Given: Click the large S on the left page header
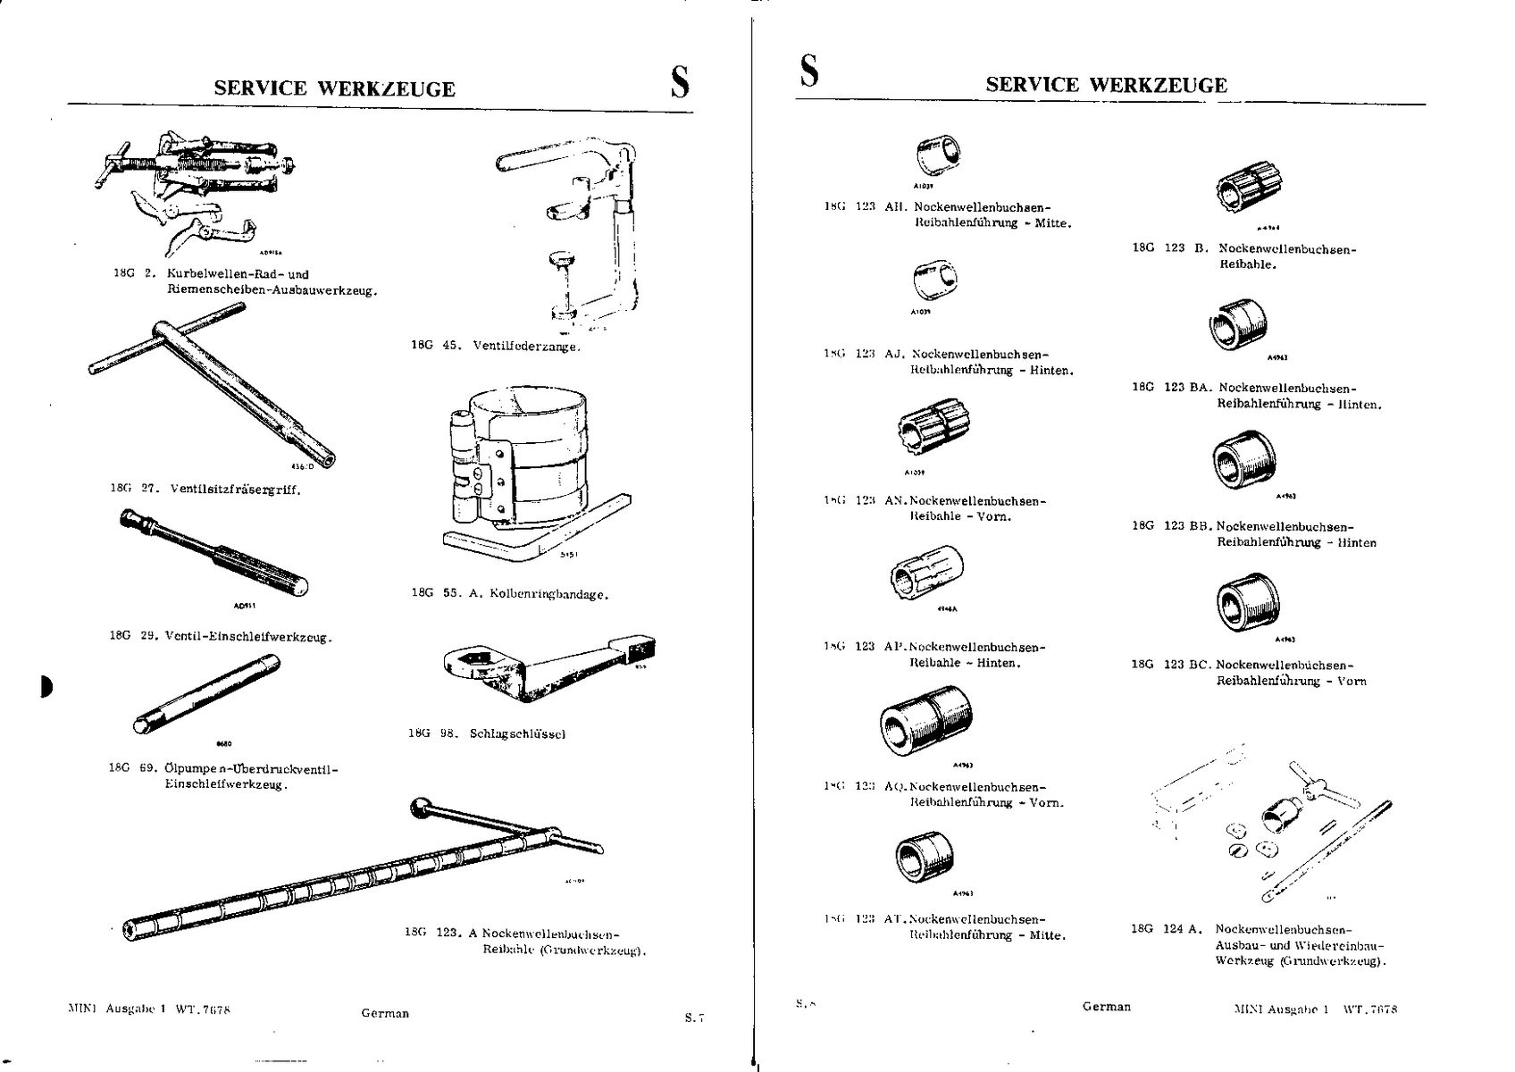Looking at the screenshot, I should point(680,82).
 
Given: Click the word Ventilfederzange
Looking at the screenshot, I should point(526,346).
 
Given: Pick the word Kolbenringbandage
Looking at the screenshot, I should point(549,593).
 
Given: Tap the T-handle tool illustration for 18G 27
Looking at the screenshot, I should point(212,380).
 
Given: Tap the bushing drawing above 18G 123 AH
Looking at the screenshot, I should point(937,156).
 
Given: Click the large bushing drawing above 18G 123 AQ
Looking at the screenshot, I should point(925,722).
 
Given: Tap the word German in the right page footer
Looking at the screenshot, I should point(1106,1007).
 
